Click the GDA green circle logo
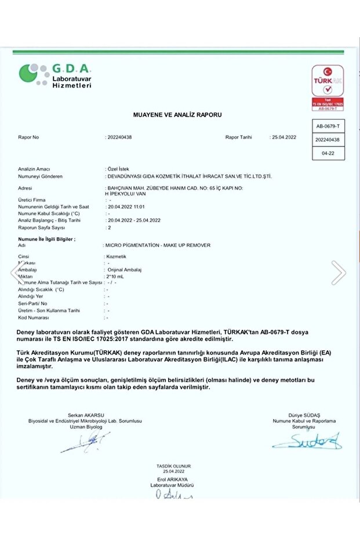click(x=32, y=74)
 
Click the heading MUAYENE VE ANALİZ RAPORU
click(x=177, y=115)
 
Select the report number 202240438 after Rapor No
click(x=119, y=137)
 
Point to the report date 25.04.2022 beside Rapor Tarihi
click(x=283, y=137)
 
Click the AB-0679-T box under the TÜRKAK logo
click(x=328, y=126)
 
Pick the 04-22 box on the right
click(x=328, y=153)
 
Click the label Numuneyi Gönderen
click(x=40, y=176)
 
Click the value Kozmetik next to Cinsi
click(x=116, y=256)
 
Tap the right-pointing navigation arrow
click(x=339, y=272)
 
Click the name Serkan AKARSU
click(x=85, y=415)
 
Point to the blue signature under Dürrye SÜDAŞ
click(x=308, y=442)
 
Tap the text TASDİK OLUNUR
click(x=173, y=466)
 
